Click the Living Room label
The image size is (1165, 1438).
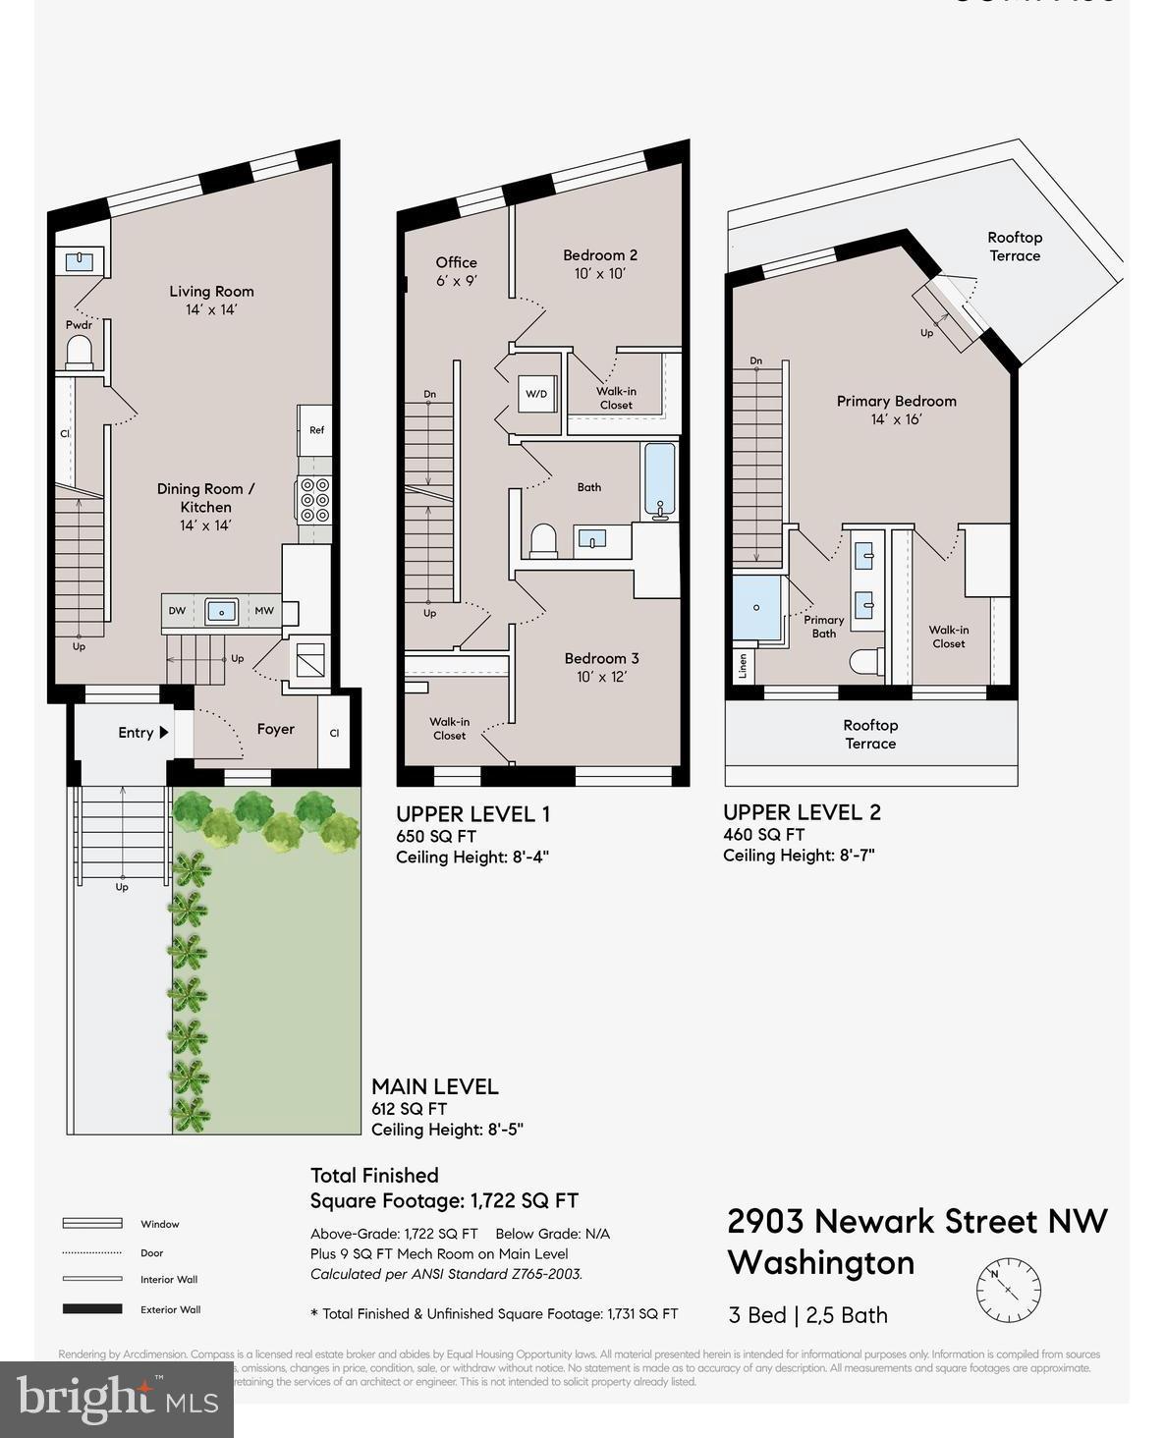click(211, 292)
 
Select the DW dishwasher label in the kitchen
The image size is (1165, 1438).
click(177, 611)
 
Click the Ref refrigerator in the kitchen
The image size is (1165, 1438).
click(315, 430)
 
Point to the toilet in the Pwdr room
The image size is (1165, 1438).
click(79, 352)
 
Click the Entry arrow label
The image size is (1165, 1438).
click(143, 733)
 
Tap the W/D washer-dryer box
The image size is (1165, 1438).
click(536, 395)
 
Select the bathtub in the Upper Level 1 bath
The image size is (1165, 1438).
click(659, 480)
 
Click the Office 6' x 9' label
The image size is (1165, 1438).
click(456, 271)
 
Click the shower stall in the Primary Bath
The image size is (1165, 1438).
click(756, 608)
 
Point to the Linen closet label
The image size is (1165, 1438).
click(743, 665)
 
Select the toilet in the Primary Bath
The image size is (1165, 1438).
click(864, 662)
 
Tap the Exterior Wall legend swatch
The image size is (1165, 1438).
click(92, 1308)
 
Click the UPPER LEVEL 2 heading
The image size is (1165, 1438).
click(802, 812)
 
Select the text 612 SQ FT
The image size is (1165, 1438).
click(409, 1109)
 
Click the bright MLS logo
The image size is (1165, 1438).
click(117, 1399)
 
